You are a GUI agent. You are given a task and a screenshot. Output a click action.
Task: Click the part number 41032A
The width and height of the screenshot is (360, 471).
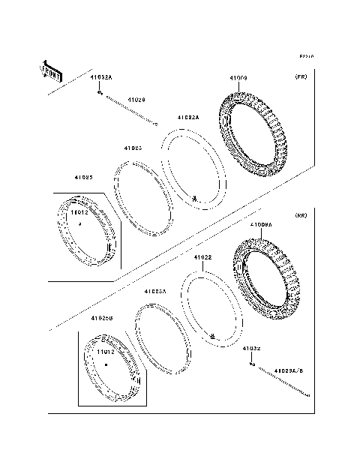pos(101,77)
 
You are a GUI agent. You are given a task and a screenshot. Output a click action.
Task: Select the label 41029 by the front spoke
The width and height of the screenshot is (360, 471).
pos(136,99)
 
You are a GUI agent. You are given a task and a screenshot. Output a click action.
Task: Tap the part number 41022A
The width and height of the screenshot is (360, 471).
pos(188,117)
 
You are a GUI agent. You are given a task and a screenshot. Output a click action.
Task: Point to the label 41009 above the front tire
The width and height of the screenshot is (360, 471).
pos(238,78)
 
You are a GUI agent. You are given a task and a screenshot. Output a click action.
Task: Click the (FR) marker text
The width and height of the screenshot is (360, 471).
pos(301,77)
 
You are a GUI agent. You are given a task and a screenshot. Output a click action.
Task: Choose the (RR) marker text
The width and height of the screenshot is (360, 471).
pos(301,216)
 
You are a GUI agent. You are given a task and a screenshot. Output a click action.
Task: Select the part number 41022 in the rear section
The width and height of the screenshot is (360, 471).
pos(202,258)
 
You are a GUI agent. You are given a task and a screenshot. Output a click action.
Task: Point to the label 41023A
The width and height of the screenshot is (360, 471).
pos(154,291)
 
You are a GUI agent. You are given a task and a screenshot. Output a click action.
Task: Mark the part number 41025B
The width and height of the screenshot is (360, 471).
pos(101,318)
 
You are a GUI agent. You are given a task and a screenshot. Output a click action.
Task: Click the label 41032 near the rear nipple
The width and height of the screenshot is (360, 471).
pos(250,349)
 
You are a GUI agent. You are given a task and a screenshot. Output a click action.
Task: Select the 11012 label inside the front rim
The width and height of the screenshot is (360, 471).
pos(79,213)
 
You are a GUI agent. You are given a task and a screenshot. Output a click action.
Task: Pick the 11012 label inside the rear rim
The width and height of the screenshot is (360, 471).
pos(105,351)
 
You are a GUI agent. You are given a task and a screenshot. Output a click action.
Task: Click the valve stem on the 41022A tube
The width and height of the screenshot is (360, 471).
pos(195,199)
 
